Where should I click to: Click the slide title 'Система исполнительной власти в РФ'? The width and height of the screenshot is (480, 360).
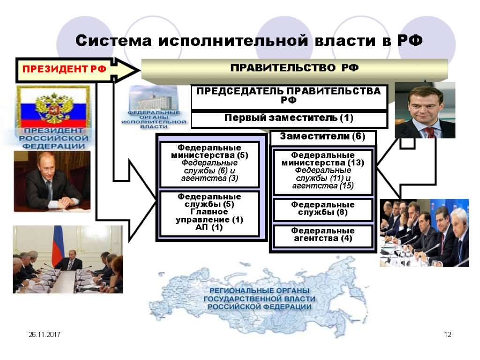pyautogui.click(x=249, y=41)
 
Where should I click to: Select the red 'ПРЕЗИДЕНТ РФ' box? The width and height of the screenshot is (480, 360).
pyautogui.click(x=64, y=70)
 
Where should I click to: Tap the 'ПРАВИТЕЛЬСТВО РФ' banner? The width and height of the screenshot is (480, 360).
pyautogui.click(x=294, y=68)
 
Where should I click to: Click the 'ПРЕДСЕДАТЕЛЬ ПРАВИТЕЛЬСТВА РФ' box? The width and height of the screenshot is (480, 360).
pyautogui.click(x=289, y=96)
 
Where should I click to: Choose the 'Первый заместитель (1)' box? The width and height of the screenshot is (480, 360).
pyautogui.click(x=289, y=119)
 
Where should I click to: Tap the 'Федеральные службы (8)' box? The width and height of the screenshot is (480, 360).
pyautogui.click(x=322, y=209)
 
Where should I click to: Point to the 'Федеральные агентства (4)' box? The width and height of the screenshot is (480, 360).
pyautogui.click(x=322, y=235)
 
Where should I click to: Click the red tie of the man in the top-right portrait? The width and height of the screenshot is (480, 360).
pyautogui.click(x=429, y=132)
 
